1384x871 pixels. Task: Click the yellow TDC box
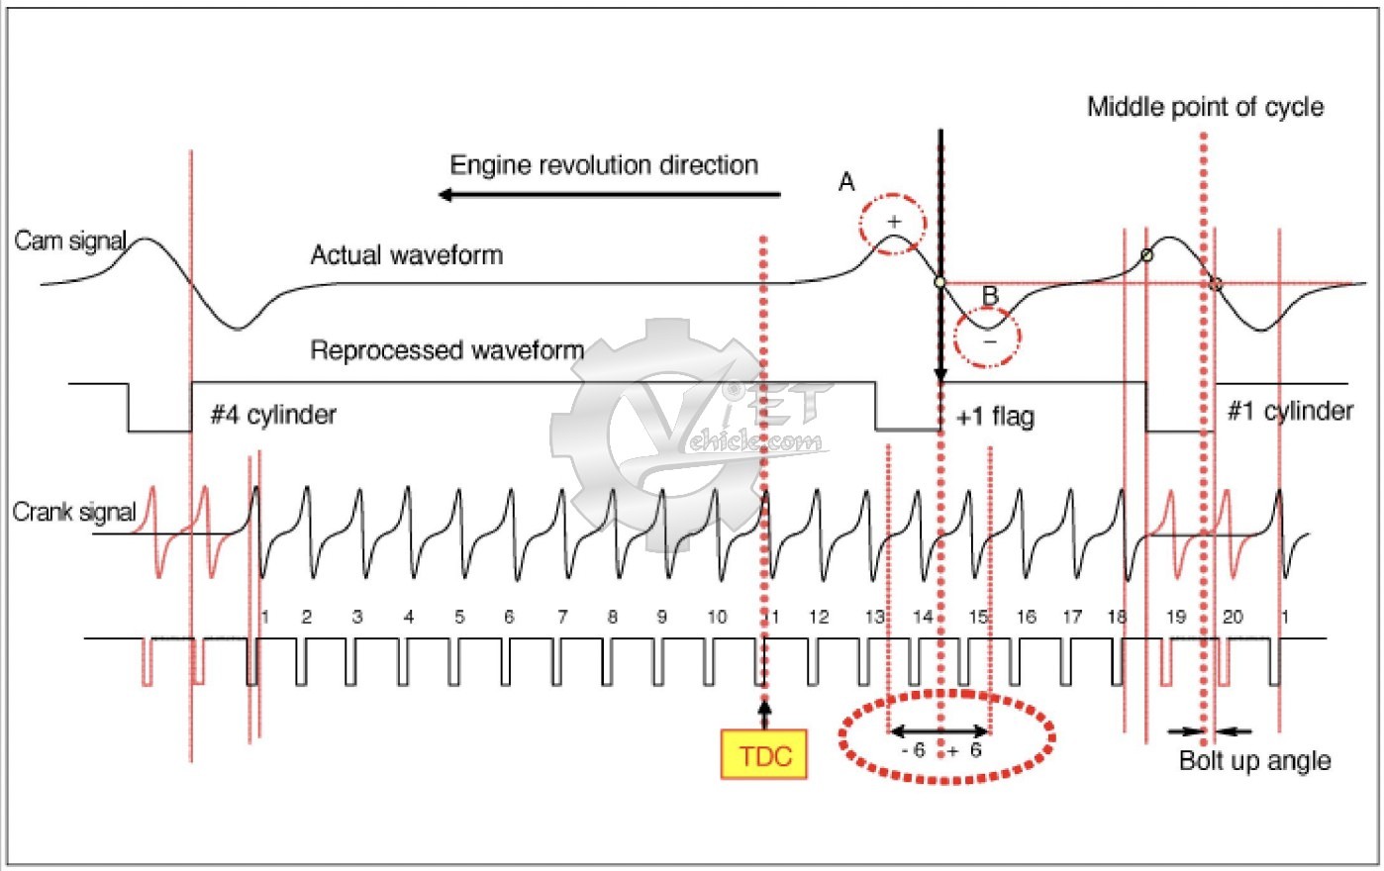pos(764,755)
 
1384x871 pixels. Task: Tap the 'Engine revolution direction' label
pos(604,165)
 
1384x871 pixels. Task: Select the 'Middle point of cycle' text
pos(1205,107)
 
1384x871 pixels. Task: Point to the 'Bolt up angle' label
pos(1254,761)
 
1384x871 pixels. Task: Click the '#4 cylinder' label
pos(273,415)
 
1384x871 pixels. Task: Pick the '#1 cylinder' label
pos(1290,411)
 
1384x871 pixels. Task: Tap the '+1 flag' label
pos(995,417)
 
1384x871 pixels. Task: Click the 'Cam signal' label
pos(69,241)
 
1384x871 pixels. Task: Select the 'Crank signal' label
pos(73,512)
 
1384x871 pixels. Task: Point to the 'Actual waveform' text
pos(406,255)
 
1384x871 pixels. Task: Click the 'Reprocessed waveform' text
pos(446,350)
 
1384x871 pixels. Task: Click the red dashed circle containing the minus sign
pos(988,338)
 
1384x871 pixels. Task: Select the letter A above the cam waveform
pos(846,182)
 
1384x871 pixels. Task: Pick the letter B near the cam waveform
pos(990,295)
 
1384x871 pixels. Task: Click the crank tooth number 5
pos(459,617)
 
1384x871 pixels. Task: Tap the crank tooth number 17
pos(1072,617)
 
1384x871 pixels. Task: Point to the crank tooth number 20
pos(1233,617)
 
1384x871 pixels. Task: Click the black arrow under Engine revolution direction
pos(609,195)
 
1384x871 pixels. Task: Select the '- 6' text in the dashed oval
pos(913,750)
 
